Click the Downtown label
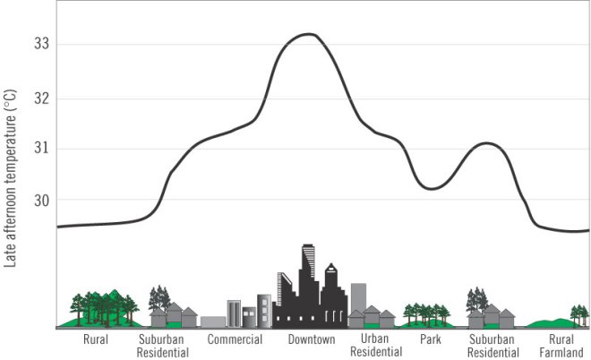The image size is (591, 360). tap(312, 340)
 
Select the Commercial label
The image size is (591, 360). tap(235, 340)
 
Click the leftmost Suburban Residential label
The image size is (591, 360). tap(164, 346)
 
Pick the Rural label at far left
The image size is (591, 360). tap(96, 340)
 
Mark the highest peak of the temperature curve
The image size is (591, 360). tap(307, 34)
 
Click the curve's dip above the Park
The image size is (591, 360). tap(432, 189)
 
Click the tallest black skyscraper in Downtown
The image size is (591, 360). tap(308, 278)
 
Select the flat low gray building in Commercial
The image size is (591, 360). tap(213, 321)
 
